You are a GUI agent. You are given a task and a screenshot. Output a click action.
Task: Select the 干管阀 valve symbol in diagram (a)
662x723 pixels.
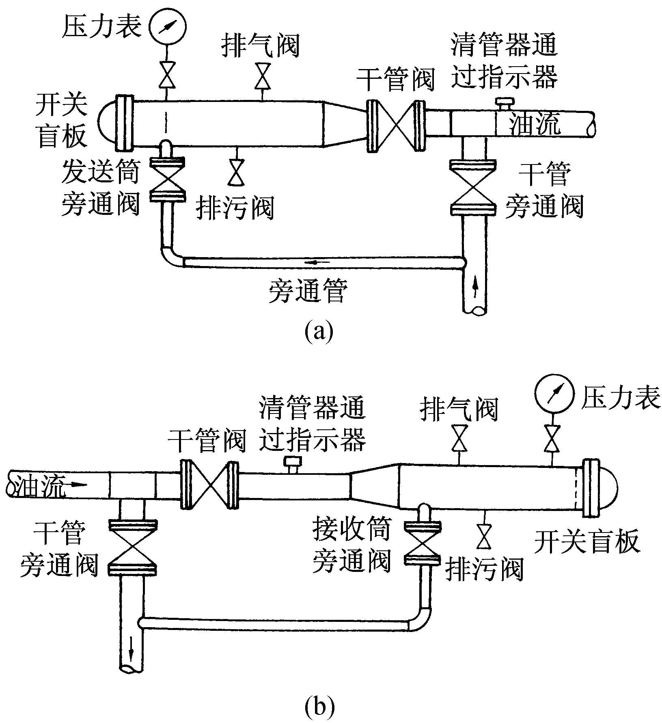[396, 126]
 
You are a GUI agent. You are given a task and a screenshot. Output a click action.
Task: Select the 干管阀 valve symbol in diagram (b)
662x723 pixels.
[209, 485]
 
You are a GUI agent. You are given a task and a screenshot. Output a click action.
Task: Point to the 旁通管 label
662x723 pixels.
[308, 290]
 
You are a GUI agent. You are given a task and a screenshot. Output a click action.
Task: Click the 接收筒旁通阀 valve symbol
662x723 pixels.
[423, 543]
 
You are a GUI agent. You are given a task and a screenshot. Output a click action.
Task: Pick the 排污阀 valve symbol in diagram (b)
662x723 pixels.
[484, 537]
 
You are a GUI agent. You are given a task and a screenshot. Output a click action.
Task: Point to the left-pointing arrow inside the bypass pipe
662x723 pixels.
[313, 263]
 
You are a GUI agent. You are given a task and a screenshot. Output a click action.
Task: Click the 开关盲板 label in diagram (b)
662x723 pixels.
[587, 541]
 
